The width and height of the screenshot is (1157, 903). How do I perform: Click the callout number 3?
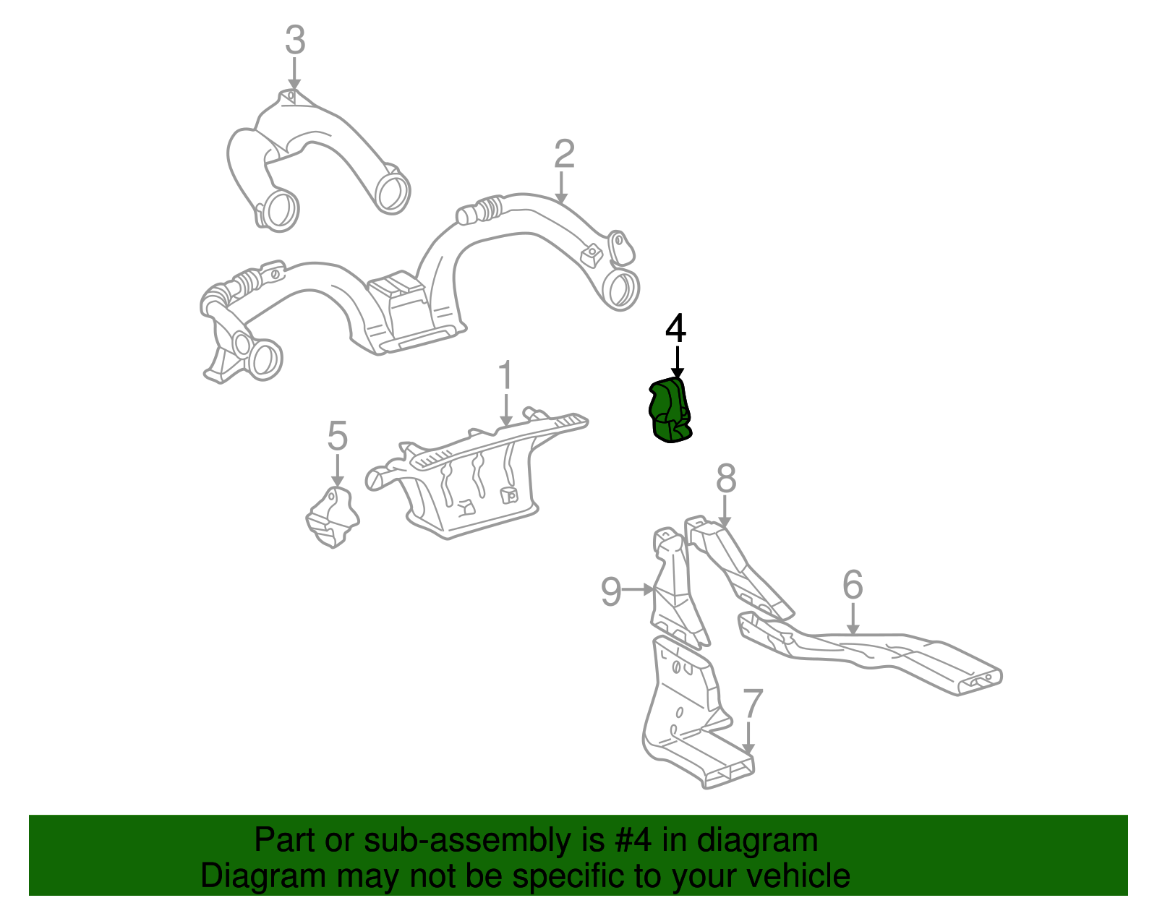[294, 40]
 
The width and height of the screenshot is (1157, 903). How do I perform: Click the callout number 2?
[564, 154]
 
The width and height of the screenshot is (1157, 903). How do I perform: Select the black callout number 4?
[675, 329]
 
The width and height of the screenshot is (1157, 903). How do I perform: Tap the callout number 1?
[505, 377]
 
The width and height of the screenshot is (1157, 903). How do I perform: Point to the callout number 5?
[337, 437]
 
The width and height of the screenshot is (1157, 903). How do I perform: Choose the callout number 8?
[726, 479]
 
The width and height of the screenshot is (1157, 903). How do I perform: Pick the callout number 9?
[611, 592]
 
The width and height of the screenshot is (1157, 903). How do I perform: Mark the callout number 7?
[752, 704]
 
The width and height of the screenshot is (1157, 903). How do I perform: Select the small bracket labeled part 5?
[332, 518]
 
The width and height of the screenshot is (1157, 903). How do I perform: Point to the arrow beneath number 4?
[677, 361]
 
